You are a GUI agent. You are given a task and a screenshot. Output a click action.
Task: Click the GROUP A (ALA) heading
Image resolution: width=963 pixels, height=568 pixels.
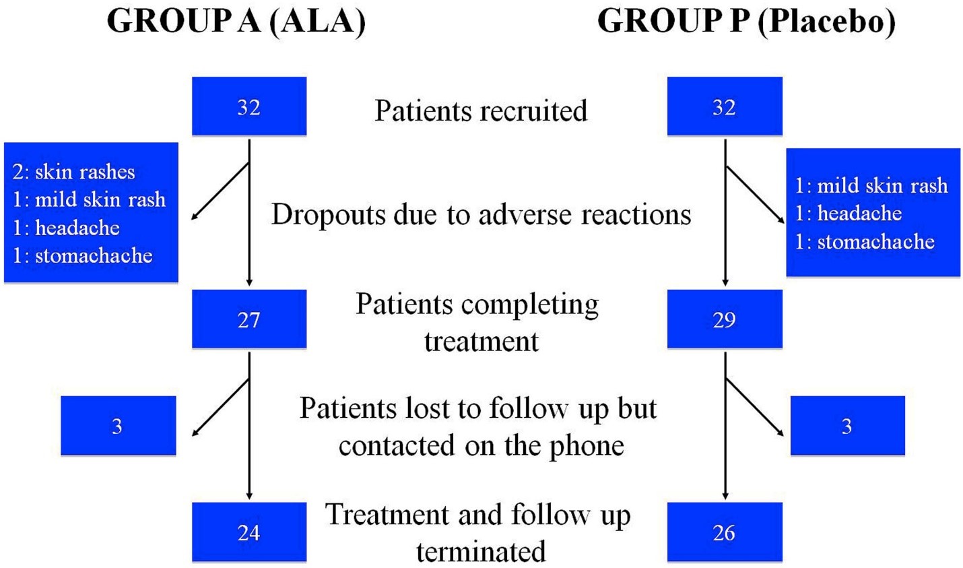(x=236, y=22)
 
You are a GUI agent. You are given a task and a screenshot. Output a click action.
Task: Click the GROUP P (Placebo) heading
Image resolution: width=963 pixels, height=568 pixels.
(x=746, y=22)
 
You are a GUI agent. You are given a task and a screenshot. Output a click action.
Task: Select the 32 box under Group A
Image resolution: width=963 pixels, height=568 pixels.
(x=249, y=106)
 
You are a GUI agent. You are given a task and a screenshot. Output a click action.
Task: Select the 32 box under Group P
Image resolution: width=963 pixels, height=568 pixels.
(x=725, y=106)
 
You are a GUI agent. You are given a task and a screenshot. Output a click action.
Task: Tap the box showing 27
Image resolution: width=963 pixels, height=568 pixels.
(x=249, y=319)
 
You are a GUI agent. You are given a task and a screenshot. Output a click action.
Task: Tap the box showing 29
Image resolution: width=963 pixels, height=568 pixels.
(x=725, y=319)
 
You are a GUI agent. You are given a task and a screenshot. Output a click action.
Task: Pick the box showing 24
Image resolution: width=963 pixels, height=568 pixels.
(x=249, y=532)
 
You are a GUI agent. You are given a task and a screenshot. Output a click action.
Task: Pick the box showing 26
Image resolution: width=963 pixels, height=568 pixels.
(x=725, y=532)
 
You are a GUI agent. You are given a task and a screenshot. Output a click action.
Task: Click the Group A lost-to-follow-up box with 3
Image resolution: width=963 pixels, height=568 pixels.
(x=118, y=426)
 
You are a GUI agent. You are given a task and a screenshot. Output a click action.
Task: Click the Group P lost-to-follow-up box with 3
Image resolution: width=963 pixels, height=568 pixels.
(x=847, y=426)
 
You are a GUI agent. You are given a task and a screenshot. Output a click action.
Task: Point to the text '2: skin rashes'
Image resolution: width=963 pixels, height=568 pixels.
(x=73, y=172)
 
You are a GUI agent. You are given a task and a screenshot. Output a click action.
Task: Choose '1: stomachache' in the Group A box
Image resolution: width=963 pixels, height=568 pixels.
(x=82, y=255)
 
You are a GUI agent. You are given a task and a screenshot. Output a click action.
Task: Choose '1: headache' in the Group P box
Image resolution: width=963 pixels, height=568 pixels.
(x=848, y=214)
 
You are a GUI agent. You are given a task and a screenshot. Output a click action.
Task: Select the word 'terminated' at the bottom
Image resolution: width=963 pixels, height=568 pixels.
(x=481, y=552)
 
